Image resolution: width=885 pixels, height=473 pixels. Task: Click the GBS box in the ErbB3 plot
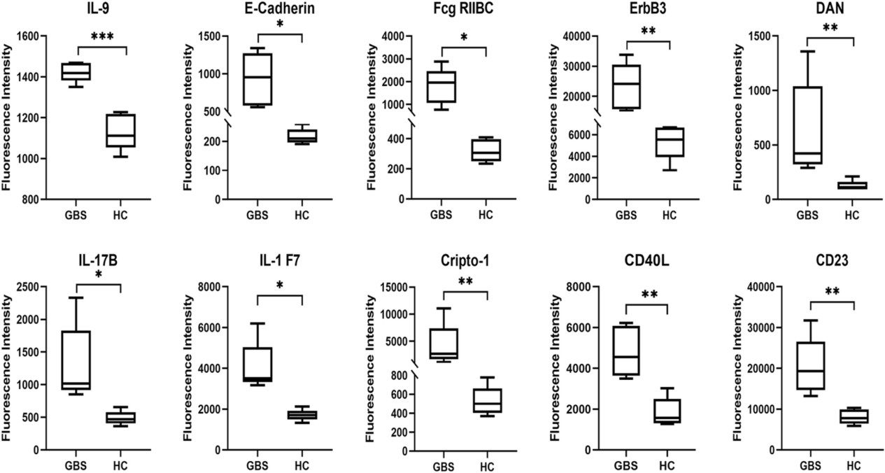coord(626,87)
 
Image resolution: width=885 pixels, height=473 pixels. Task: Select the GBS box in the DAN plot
coord(807,125)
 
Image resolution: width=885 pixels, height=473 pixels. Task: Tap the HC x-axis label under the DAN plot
coord(851,215)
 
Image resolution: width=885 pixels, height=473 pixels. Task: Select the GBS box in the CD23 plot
coord(811,366)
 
